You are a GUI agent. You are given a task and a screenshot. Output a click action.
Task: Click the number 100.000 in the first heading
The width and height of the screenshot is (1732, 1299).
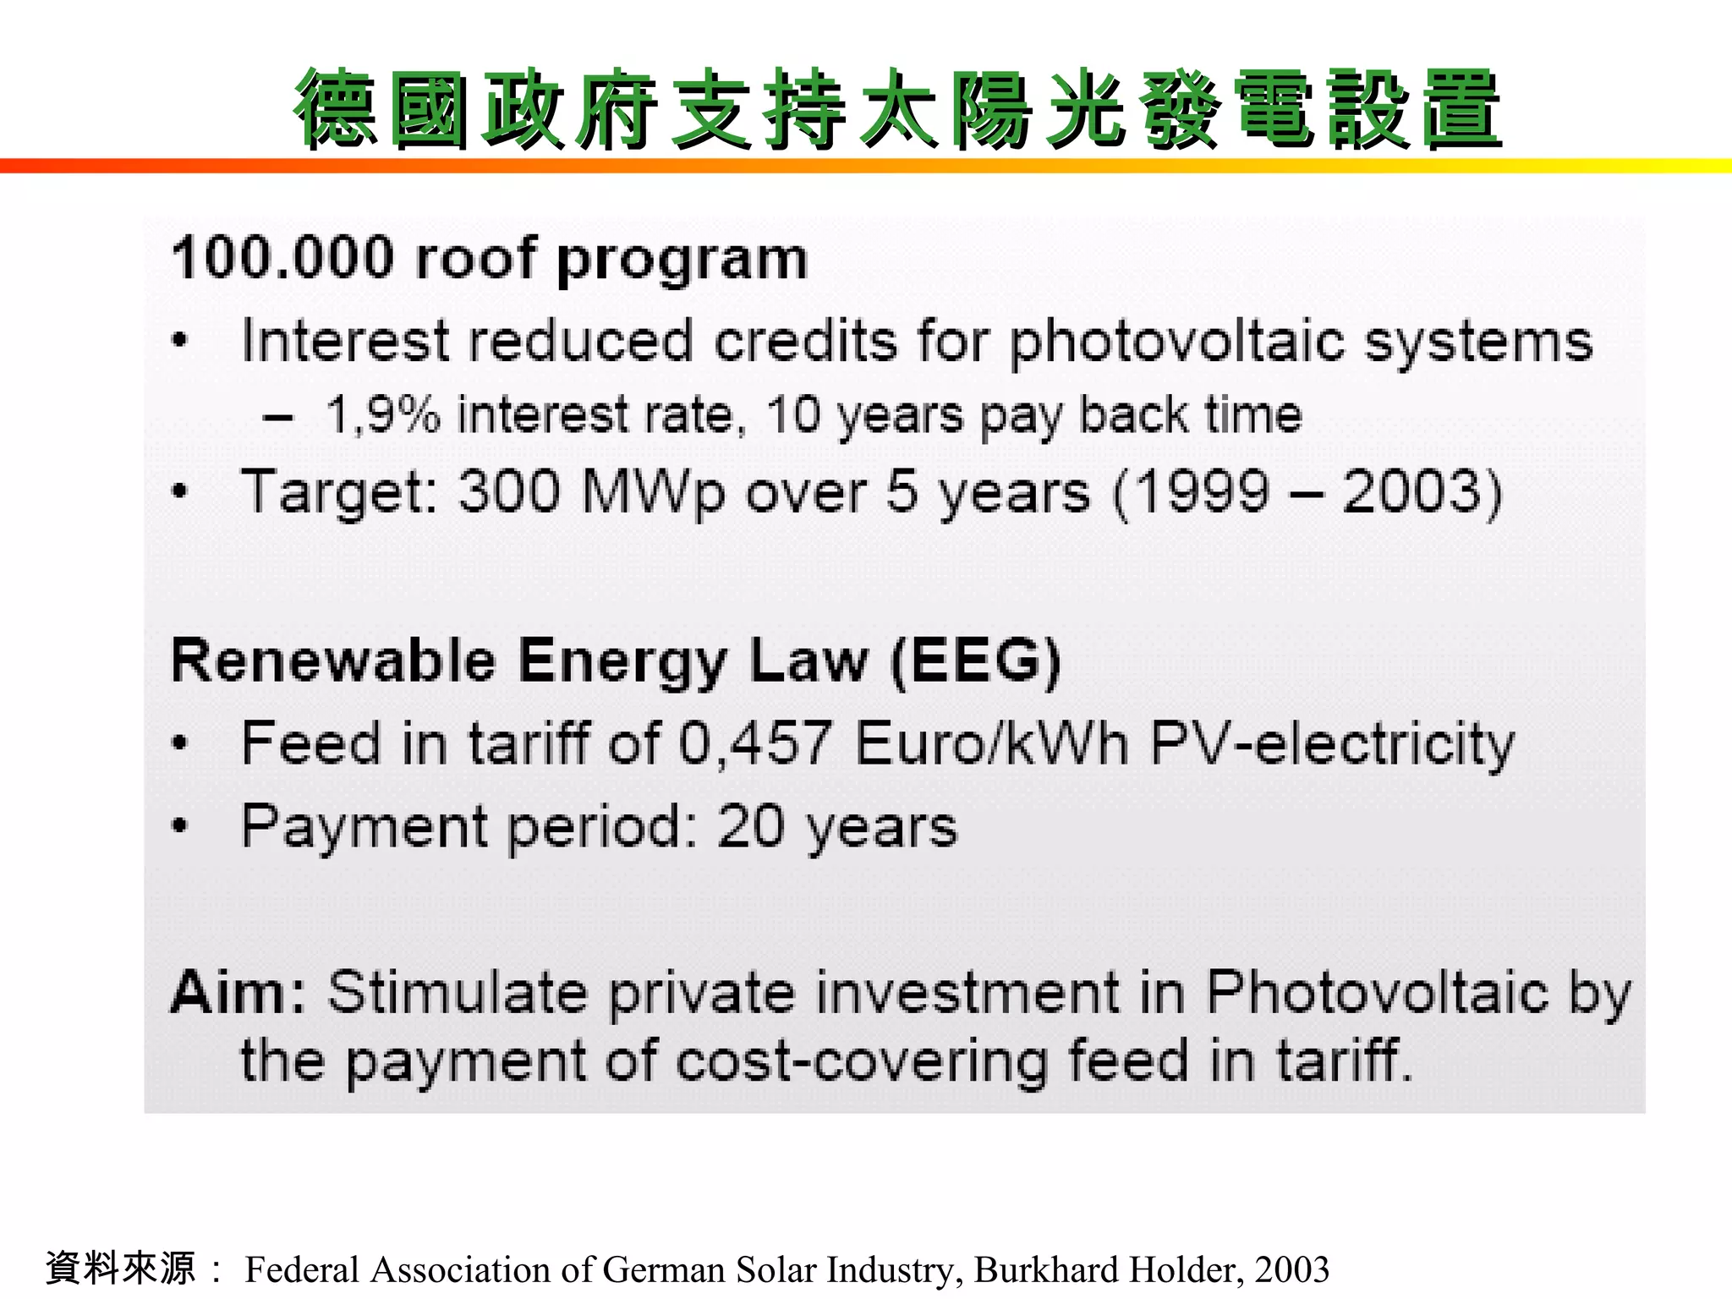click(x=282, y=258)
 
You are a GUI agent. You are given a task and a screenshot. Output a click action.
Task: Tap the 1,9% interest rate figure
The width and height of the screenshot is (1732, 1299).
click(x=383, y=415)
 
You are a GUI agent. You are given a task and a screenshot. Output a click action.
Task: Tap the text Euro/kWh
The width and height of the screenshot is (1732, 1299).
click(x=992, y=744)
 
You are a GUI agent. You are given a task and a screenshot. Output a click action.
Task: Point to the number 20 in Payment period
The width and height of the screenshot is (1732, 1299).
click(x=751, y=826)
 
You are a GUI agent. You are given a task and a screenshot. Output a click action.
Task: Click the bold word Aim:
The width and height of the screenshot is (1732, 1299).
click(x=238, y=992)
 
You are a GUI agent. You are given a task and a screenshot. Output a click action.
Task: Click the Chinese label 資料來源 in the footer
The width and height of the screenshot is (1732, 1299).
click(x=121, y=1269)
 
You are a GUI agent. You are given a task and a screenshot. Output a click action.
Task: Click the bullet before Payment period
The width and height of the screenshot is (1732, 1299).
click(x=178, y=826)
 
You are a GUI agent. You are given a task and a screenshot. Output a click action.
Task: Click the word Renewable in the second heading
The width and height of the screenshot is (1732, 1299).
click(x=333, y=661)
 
